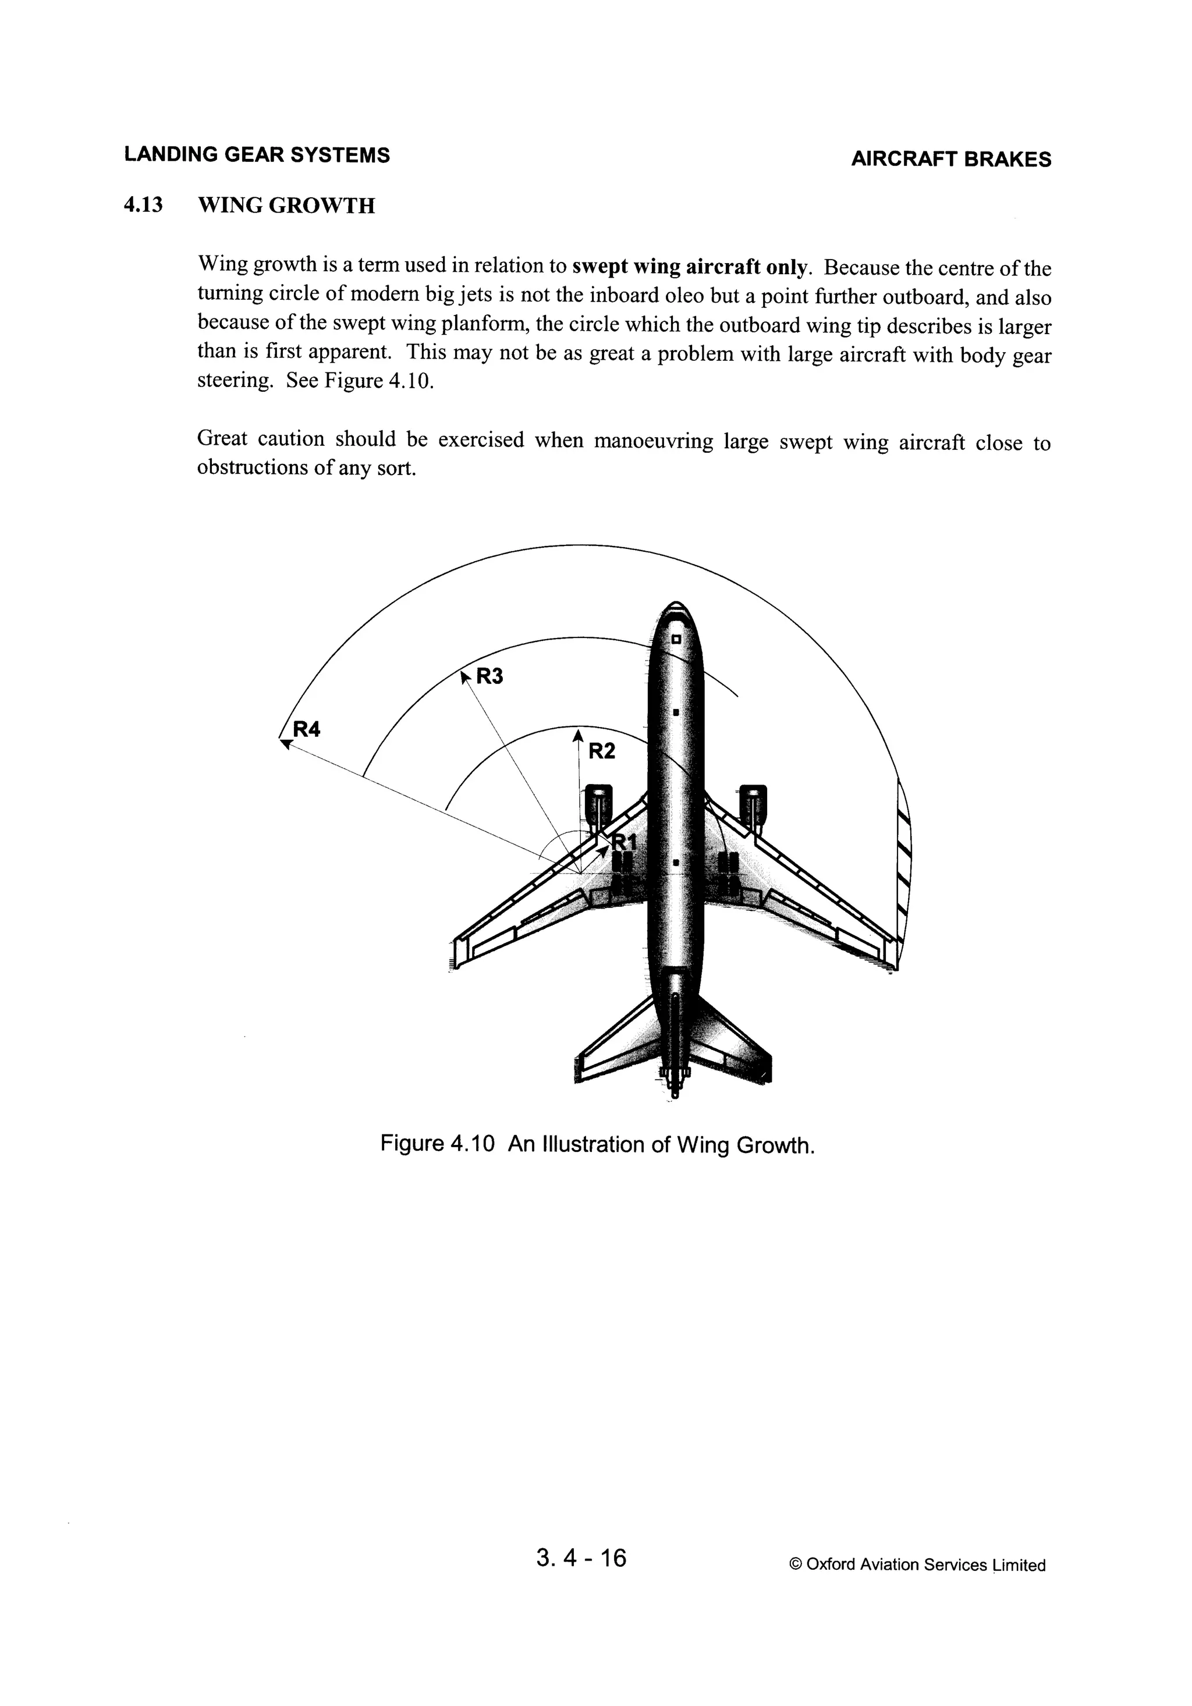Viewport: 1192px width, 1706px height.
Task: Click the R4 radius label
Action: (x=306, y=730)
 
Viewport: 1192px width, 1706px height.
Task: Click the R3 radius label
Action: (x=489, y=676)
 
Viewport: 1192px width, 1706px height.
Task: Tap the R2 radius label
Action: (x=602, y=751)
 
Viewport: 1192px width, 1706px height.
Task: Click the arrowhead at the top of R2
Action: (x=577, y=735)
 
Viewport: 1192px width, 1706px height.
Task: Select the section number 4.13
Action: (x=143, y=204)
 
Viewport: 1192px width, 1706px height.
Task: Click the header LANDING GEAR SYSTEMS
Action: (x=257, y=155)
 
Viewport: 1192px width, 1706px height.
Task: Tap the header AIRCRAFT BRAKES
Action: (x=950, y=159)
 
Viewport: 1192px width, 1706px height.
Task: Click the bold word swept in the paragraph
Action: (x=598, y=266)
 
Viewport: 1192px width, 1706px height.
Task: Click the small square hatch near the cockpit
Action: (x=676, y=639)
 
